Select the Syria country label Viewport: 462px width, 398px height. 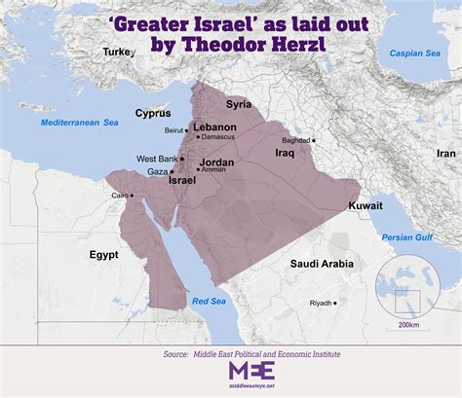(238, 103)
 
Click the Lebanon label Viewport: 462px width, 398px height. (215, 127)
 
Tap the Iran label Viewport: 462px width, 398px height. (445, 154)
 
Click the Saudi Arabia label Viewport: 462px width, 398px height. (324, 264)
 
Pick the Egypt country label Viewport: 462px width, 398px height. (103, 254)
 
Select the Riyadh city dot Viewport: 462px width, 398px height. (336, 303)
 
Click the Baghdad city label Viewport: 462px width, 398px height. (295, 140)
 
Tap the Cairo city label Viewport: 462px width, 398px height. (120, 195)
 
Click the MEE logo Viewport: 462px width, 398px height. (250, 371)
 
